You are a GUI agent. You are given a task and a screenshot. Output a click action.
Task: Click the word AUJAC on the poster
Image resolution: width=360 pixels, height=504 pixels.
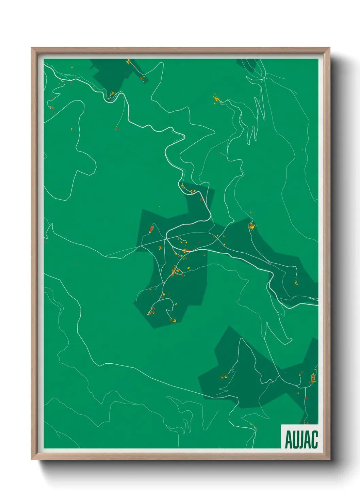(x=301, y=440)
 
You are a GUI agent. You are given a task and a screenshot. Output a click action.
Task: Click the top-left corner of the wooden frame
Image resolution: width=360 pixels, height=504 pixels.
(x=32, y=48)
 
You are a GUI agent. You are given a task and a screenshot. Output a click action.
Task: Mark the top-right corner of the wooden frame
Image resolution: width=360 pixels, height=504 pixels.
(x=329, y=48)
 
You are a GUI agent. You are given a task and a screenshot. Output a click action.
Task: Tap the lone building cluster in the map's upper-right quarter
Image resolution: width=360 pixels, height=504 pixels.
(x=216, y=99)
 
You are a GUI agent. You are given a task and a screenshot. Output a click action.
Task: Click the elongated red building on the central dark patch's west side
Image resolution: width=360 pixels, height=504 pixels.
(x=151, y=229)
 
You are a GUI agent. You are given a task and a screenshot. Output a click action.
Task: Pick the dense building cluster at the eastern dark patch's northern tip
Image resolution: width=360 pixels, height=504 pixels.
(x=252, y=225)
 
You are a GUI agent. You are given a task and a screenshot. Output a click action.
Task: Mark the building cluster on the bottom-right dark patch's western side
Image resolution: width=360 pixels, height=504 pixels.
(x=225, y=377)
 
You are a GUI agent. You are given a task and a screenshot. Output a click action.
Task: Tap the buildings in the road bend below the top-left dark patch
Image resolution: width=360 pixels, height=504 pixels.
(x=112, y=93)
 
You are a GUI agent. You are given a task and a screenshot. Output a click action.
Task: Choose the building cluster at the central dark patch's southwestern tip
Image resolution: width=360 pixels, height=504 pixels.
(x=151, y=311)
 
